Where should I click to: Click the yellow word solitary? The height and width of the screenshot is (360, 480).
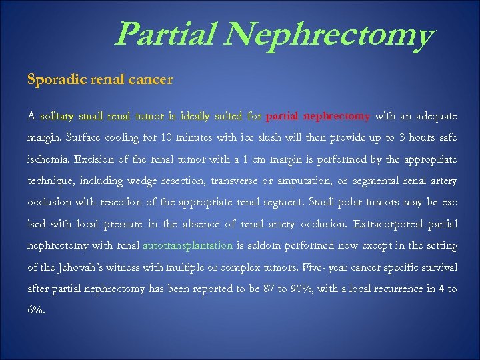click(57, 116)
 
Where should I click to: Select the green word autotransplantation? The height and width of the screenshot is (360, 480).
click(187, 245)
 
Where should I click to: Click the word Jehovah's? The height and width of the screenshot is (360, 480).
click(85, 267)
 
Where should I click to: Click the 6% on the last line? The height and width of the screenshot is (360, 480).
click(36, 310)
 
